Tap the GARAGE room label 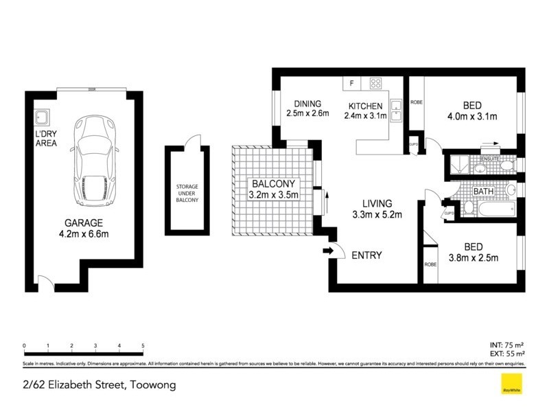click(84, 223)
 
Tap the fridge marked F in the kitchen click(352, 84)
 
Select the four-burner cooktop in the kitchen click(376, 84)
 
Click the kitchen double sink click(396, 110)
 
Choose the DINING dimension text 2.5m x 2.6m click(308, 114)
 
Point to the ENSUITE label click(489, 159)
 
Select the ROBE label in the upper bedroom click(416, 102)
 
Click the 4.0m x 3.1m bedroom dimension click(471, 116)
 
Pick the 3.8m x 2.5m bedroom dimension click(473, 258)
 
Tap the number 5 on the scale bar click(143, 345)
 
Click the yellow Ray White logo click(509, 385)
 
